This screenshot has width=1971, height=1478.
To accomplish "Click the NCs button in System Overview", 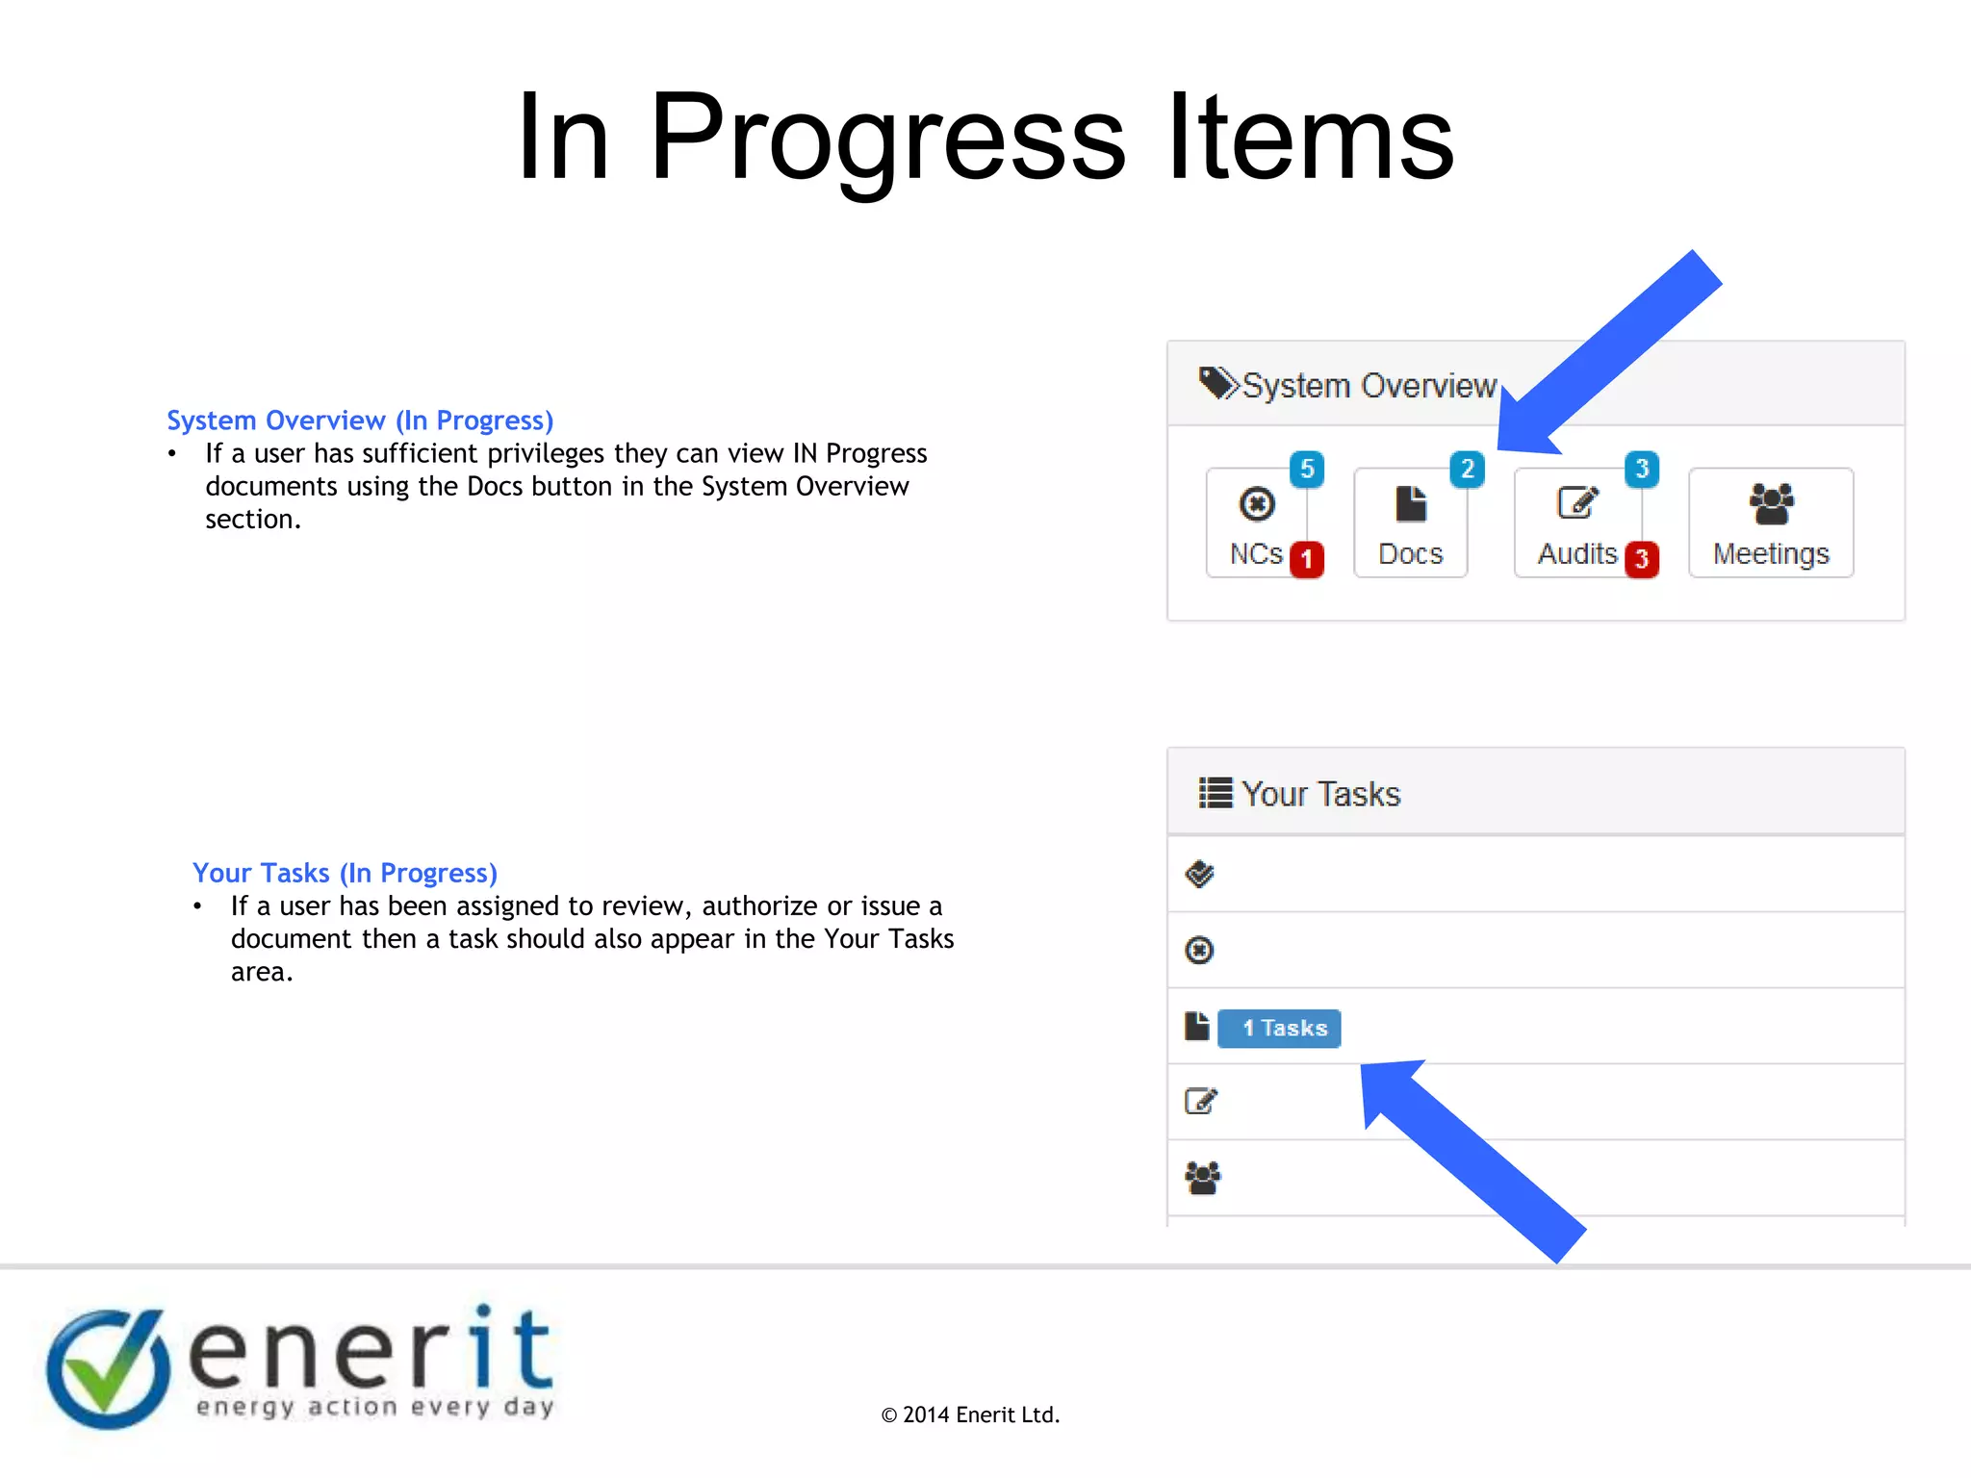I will (1256, 523).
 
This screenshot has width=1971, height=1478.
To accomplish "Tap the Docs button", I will (1410, 523).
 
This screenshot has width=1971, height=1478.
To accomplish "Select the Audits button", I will (1577, 523).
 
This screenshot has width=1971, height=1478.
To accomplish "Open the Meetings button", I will (1771, 523).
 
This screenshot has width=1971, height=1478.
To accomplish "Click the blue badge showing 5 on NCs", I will (1307, 470).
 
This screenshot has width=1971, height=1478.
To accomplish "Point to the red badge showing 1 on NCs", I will (1306, 559).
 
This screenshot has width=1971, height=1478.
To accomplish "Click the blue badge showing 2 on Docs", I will (1467, 470).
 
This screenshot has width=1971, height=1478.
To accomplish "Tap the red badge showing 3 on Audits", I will (1642, 559).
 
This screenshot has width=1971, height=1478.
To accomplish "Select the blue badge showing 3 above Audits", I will (1642, 470).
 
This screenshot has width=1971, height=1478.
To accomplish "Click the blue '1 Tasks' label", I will (1279, 1028).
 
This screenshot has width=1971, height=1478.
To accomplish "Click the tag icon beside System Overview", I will (1218, 384).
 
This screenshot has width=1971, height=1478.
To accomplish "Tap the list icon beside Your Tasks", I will (1216, 793).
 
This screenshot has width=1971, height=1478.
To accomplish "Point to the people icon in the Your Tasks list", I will (1202, 1178).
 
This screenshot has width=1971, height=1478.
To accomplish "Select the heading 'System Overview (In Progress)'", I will (360, 420).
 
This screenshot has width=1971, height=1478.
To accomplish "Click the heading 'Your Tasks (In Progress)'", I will (345, 873).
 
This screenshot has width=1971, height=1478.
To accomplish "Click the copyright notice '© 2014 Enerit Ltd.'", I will (970, 1414).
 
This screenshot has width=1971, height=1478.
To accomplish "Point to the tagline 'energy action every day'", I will (375, 1408).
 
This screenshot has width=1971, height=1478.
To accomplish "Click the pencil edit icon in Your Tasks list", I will (1201, 1101).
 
